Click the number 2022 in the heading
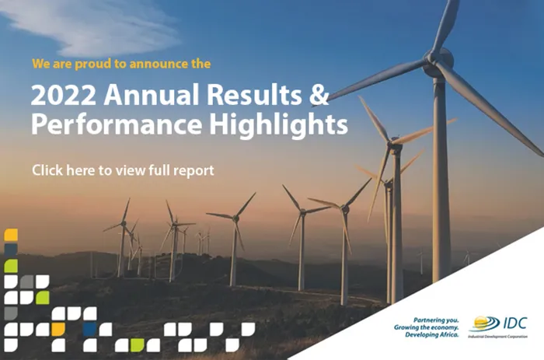(x=63, y=95)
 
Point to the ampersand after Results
(x=319, y=94)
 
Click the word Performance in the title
(x=117, y=124)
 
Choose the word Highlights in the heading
(x=278, y=124)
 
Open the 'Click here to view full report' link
(x=123, y=170)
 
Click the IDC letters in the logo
(x=514, y=323)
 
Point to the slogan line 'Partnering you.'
(x=436, y=320)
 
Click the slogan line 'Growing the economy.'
(x=427, y=327)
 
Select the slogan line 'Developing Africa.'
(x=432, y=334)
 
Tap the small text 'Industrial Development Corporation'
(x=497, y=337)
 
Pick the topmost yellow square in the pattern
(x=11, y=235)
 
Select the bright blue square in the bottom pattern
(x=90, y=329)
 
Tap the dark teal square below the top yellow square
(x=11, y=250)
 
